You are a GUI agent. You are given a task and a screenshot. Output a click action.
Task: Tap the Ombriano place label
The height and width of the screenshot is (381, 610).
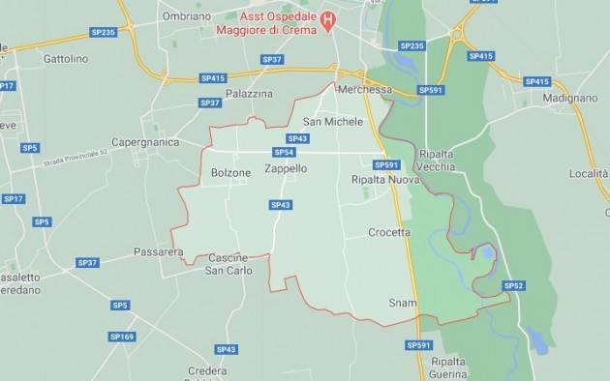(187, 16)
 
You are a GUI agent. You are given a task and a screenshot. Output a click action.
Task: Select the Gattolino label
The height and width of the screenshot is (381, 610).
(66, 59)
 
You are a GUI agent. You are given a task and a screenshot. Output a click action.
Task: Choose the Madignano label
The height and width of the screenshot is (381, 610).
(570, 99)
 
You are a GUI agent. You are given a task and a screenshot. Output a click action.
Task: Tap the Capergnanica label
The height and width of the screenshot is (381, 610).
(145, 142)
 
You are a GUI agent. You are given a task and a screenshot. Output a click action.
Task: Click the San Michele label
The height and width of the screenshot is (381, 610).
(333, 122)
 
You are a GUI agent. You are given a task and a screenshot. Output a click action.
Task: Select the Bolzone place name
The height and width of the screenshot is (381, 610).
(230, 173)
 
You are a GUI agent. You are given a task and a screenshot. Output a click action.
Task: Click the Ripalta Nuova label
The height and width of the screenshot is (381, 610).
(384, 180)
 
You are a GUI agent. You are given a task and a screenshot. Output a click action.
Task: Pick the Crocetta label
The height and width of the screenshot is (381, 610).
(389, 232)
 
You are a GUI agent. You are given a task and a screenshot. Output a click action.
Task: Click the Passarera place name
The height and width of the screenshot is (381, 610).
(157, 252)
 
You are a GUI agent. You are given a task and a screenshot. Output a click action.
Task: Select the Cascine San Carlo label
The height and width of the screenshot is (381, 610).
(229, 264)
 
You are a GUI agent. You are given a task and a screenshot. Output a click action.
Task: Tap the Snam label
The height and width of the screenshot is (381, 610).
(403, 303)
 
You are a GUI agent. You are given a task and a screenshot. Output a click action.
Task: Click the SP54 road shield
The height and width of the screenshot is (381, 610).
(283, 152)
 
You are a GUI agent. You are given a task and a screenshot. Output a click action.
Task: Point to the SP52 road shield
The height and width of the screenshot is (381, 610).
(513, 285)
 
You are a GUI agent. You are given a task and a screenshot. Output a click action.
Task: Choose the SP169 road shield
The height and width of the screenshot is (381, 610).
(123, 337)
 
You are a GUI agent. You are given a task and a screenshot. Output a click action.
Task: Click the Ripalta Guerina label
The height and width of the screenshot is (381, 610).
(448, 367)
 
